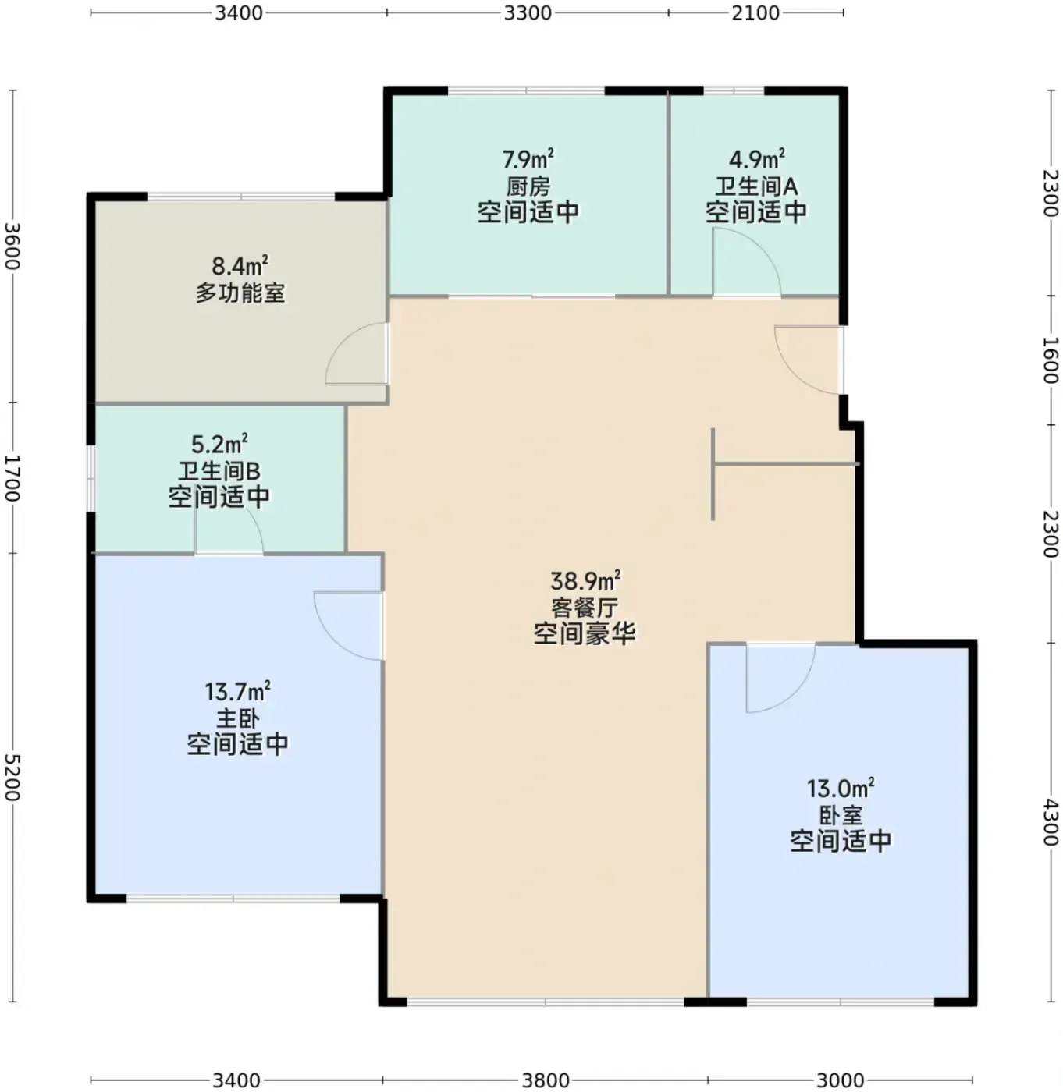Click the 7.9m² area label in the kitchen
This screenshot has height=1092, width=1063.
click(x=528, y=159)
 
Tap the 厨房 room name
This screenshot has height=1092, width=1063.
click(x=528, y=186)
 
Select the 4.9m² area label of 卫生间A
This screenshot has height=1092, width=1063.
click(x=756, y=159)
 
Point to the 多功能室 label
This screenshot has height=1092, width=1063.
click(x=240, y=293)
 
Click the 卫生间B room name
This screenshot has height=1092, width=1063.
click(x=219, y=471)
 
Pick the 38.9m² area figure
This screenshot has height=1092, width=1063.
click(x=585, y=581)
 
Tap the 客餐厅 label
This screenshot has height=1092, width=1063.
click(x=585, y=608)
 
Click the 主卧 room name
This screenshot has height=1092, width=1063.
click(x=237, y=719)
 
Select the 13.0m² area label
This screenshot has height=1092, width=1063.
click(x=841, y=789)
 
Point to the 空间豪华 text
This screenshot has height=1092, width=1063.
click(x=585, y=635)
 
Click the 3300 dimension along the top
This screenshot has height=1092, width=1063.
click(x=528, y=12)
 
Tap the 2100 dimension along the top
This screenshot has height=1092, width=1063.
click(x=755, y=12)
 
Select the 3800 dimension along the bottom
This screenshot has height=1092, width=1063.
click(x=546, y=1080)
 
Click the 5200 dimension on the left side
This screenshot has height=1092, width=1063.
click(x=12, y=777)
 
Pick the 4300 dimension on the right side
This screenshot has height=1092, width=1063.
click(x=1051, y=822)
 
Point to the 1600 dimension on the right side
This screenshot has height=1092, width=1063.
click(x=1051, y=359)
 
